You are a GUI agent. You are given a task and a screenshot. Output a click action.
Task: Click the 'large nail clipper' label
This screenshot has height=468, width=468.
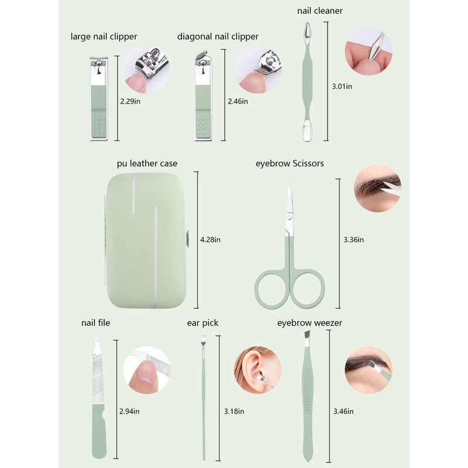click(x=104, y=37)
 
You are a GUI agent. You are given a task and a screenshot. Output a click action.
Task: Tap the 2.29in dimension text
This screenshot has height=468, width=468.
click(x=130, y=101)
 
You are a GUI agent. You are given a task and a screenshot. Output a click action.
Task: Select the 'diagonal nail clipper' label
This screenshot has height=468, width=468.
click(x=218, y=37)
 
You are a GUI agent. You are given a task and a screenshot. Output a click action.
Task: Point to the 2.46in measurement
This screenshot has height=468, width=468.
click(x=238, y=101)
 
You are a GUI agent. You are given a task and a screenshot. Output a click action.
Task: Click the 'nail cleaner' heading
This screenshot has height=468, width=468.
click(x=319, y=11)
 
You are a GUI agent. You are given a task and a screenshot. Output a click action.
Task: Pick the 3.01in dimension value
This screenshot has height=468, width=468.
click(x=342, y=86)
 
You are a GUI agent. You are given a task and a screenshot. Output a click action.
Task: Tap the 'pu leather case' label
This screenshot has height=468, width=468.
click(x=147, y=164)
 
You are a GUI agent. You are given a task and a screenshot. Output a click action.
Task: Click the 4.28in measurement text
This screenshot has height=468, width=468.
click(x=210, y=240)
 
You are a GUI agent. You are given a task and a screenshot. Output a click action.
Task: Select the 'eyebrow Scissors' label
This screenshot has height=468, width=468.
click(x=290, y=164)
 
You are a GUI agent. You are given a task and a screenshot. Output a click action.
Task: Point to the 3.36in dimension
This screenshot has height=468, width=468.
click(x=354, y=240)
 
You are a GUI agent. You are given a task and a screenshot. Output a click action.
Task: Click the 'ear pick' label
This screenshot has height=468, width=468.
click(x=202, y=323)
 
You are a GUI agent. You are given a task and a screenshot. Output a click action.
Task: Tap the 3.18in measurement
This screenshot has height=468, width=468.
click(x=234, y=411)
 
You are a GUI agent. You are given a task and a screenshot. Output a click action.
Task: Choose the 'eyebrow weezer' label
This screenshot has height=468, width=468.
click(x=309, y=323)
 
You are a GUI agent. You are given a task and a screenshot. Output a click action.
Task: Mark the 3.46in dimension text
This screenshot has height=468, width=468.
click(x=343, y=411)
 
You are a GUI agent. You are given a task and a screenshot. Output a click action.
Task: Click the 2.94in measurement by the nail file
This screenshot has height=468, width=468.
click(x=129, y=411)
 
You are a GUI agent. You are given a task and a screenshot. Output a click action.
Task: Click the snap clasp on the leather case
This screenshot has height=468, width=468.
click(x=187, y=239)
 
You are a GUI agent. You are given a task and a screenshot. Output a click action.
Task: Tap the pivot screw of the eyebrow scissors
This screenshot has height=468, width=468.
click(x=288, y=217)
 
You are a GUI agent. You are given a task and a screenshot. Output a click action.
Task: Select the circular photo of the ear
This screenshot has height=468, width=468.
click(x=257, y=370)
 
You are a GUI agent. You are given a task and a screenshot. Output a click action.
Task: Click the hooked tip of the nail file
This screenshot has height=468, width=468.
click(x=96, y=346)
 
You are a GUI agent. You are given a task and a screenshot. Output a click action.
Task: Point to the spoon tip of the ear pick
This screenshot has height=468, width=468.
click(x=204, y=339)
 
